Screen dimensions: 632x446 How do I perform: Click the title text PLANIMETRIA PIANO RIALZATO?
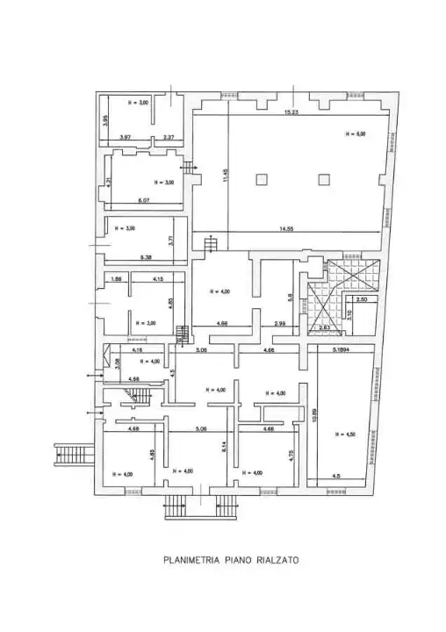(x=223, y=558)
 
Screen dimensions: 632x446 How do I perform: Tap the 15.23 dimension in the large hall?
(x=291, y=112)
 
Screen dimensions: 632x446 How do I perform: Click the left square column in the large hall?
(x=260, y=180)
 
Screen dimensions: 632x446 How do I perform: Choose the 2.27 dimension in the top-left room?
(x=169, y=137)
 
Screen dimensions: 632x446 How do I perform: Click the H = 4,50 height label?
(x=344, y=434)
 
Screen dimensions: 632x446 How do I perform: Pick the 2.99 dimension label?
(x=280, y=325)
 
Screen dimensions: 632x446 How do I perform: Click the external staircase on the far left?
(x=67, y=456)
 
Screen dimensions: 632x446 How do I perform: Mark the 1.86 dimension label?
(x=114, y=279)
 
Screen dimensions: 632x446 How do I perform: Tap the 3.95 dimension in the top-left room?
(x=104, y=122)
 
